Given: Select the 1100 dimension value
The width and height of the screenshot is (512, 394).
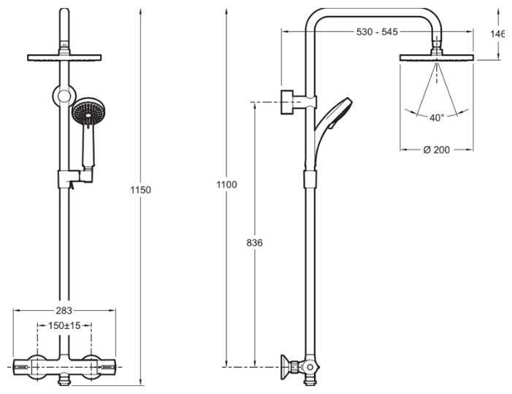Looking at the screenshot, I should (x=226, y=185).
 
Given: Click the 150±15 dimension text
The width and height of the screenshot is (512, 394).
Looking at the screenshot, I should (x=64, y=325).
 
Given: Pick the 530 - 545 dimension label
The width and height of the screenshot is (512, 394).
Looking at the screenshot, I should (x=377, y=32).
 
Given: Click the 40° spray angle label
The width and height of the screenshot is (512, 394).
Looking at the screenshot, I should (x=437, y=117).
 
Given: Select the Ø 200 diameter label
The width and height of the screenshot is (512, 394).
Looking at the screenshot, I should (x=437, y=150).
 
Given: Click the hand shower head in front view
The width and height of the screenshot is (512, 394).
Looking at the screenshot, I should (x=87, y=115).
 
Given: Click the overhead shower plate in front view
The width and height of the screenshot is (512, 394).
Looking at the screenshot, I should (x=64, y=57).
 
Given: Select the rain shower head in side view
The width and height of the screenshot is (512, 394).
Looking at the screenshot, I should (x=437, y=57).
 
